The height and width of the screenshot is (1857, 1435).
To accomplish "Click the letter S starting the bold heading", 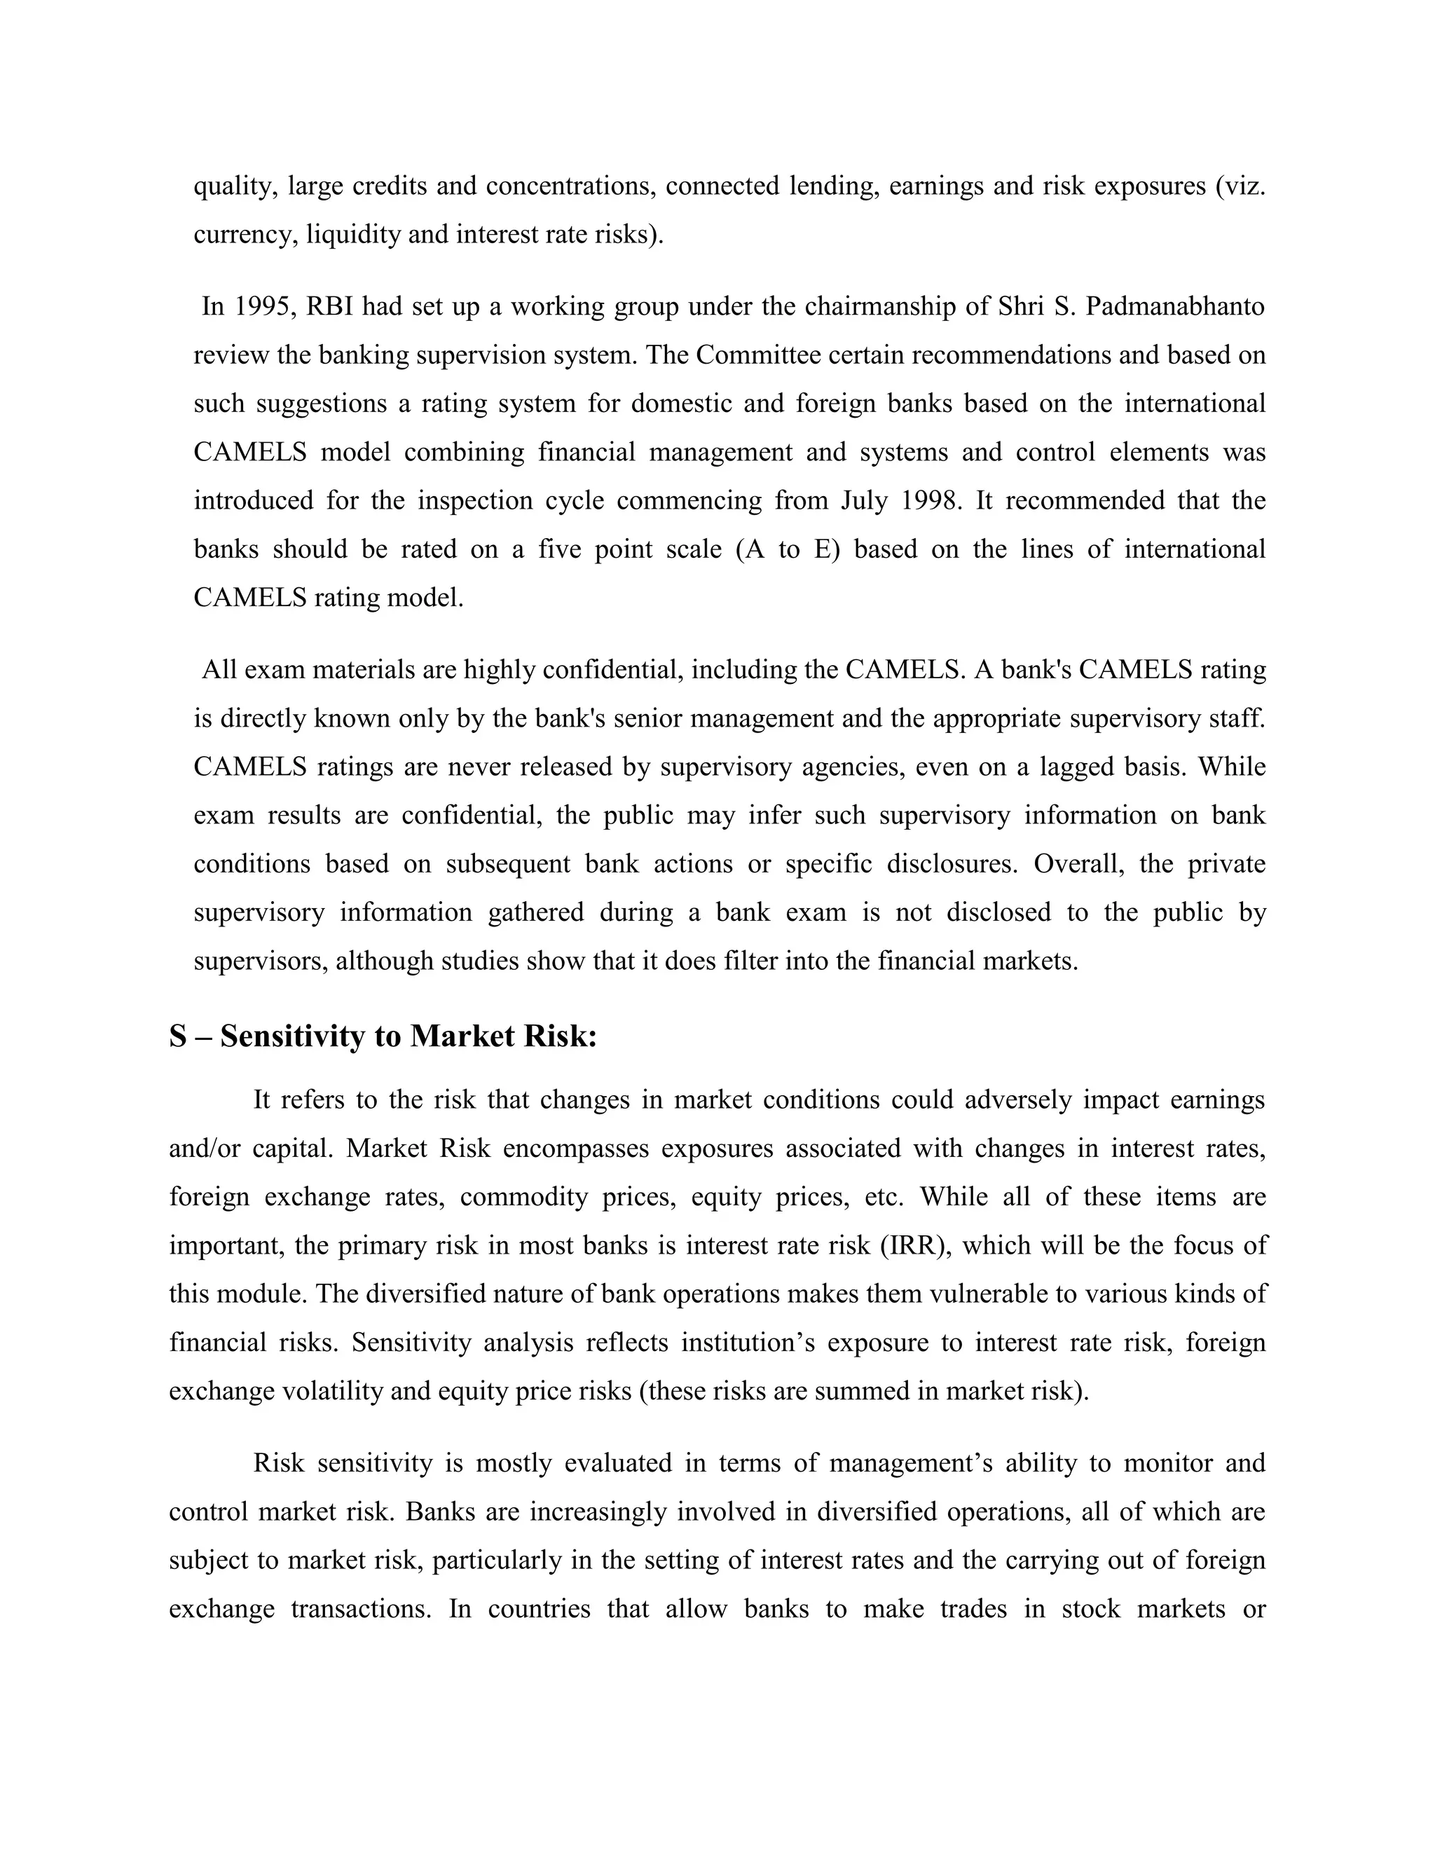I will click(x=178, y=1036).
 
